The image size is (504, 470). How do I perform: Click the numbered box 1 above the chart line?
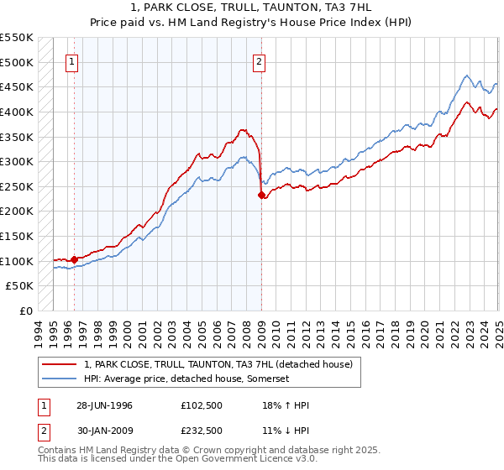[x=71, y=61]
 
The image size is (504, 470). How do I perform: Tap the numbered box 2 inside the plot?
[x=259, y=61]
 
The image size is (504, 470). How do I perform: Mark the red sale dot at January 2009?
[x=261, y=195]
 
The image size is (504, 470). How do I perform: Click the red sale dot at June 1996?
[x=74, y=259]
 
